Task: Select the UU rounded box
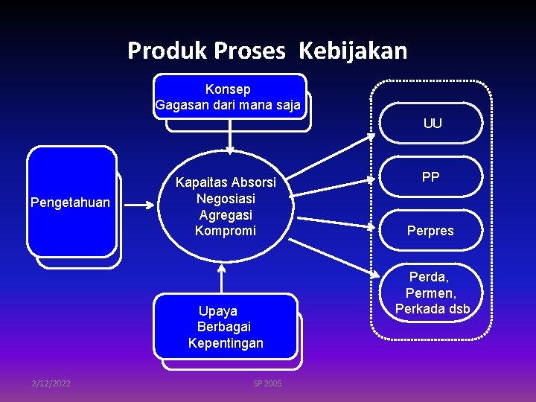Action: (432, 124)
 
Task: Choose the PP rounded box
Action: (430, 177)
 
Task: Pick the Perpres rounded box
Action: (430, 231)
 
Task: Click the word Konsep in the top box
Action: (228, 89)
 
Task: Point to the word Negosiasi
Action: (226, 199)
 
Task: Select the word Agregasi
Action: (226, 214)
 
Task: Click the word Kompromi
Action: (225, 231)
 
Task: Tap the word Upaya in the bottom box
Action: (218, 311)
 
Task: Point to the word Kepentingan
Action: (226, 343)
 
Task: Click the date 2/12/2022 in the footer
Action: (51, 383)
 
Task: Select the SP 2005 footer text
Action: (267, 383)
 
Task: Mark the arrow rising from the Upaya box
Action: (221, 279)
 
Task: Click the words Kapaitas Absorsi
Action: (226, 182)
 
